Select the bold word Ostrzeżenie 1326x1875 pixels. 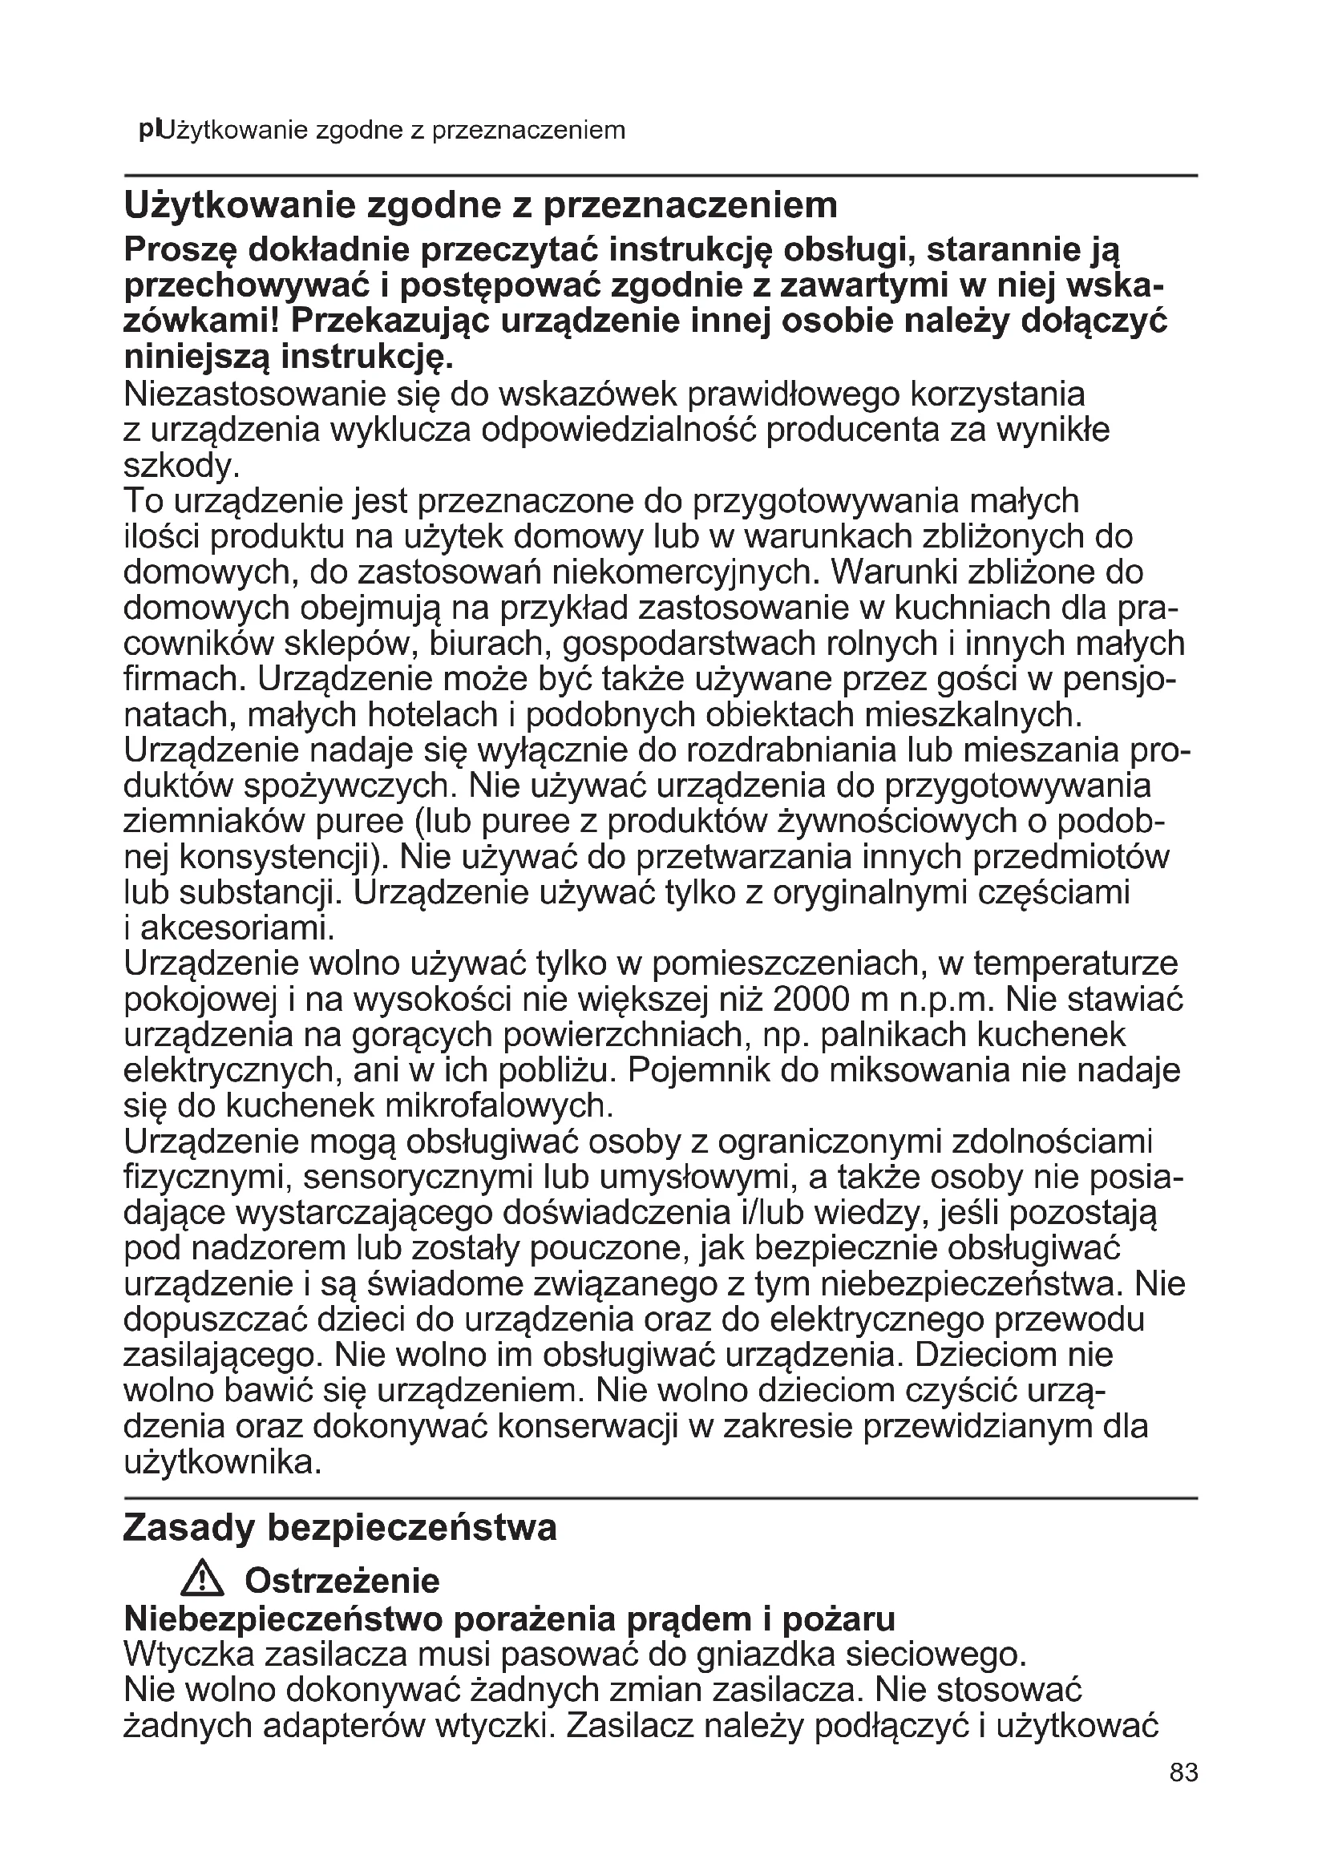click(x=342, y=1582)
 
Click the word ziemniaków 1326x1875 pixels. click(x=211, y=821)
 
